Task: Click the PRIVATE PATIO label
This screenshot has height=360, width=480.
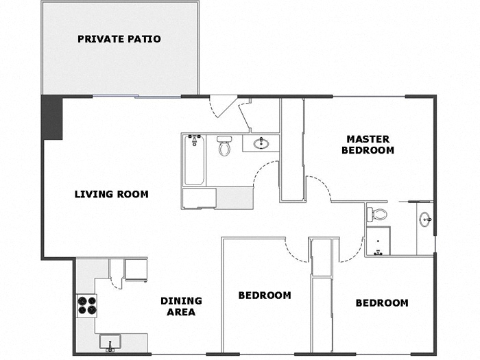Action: click(119, 39)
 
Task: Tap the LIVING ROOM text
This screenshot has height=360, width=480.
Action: click(111, 194)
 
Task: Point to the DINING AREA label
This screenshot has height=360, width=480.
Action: click(181, 307)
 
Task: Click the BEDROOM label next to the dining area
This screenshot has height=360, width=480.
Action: click(264, 296)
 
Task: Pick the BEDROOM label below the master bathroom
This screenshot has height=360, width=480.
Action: click(382, 302)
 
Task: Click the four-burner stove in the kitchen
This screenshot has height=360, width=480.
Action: click(86, 304)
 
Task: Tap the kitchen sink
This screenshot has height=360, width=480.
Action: click(110, 341)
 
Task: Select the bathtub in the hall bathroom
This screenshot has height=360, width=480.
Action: click(195, 160)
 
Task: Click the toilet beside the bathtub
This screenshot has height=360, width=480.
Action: click(224, 145)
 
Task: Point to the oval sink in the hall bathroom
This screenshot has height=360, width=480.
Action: click(261, 144)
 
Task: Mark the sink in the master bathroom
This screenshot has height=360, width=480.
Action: click(425, 220)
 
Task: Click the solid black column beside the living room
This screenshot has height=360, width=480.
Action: click(52, 117)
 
